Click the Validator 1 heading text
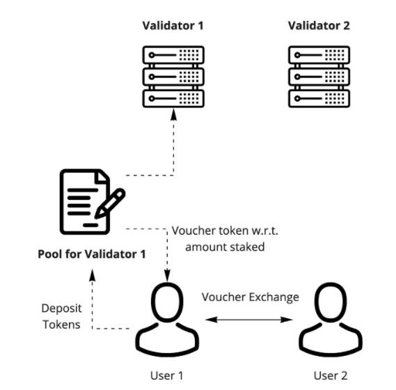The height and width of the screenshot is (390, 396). pyautogui.click(x=173, y=26)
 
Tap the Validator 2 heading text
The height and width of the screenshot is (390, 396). pyautogui.click(x=319, y=26)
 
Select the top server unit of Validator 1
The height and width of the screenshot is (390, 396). pyautogui.click(x=173, y=55)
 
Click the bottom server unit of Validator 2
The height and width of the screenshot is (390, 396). pyautogui.click(x=319, y=98)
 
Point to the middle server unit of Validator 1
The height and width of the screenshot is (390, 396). pyautogui.click(x=173, y=77)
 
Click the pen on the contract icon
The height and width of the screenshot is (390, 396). pyautogui.click(x=110, y=203)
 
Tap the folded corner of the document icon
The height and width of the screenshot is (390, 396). pyautogui.click(x=102, y=177)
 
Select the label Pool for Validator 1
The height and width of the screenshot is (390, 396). pyautogui.click(x=92, y=254)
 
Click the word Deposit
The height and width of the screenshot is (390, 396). pyautogui.click(x=61, y=309)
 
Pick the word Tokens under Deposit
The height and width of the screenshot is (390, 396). pyautogui.click(x=61, y=325)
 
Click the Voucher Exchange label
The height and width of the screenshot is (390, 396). pyautogui.click(x=250, y=297)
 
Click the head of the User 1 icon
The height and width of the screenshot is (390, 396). pyautogui.click(x=167, y=302)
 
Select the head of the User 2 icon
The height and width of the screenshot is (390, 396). pyautogui.click(x=331, y=302)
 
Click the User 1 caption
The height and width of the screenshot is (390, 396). pyautogui.click(x=167, y=375)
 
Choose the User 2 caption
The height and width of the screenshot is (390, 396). pyautogui.click(x=331, y=375)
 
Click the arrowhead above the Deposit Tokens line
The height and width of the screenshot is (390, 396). pyautogui.click(x=93, y=275)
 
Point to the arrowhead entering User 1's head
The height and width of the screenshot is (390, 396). pyautogui.click(x=167, y=276)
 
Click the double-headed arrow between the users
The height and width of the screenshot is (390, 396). pyautogui.click(x=249, y=320)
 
